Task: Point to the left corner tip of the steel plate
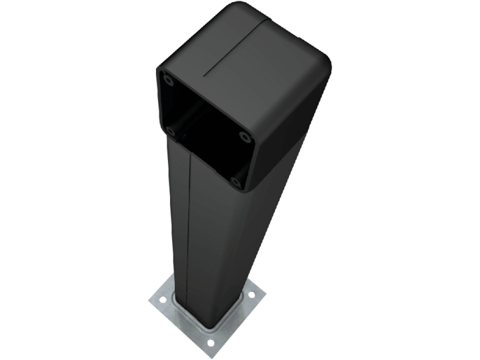149,301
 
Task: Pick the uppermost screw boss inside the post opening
168,79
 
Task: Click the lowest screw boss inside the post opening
235,182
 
